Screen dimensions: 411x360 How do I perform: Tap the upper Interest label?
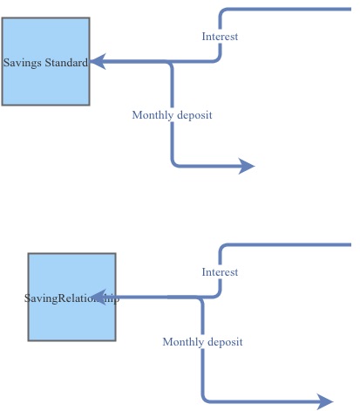[220, 37]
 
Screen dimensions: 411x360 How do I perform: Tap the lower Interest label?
[220, 272]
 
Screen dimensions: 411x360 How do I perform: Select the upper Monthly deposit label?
[172, 115]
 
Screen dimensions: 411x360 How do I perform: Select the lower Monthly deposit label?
[202, 342]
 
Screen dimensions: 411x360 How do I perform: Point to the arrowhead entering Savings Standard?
[98, 62]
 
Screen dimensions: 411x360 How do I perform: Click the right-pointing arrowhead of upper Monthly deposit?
[247, 166]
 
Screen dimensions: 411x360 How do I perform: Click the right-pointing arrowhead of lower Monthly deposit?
[325, 401]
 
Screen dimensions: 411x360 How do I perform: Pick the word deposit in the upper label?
[194, 115]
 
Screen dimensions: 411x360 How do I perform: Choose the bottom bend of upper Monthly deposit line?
[174, 163]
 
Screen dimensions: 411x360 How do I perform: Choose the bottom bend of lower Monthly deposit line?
[205, 399]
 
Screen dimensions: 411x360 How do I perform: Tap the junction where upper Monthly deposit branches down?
[172, 63]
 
